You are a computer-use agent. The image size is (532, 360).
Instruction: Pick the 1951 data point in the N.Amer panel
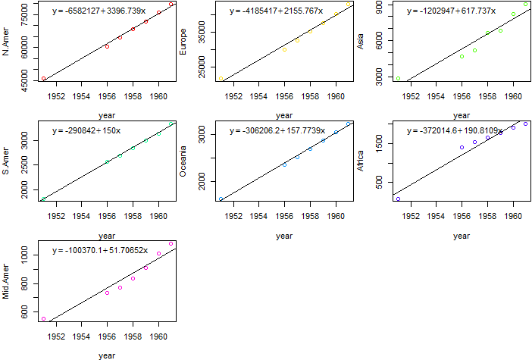click(x=43, y=79)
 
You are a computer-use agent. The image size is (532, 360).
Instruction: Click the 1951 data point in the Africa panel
click(x=398, y=199)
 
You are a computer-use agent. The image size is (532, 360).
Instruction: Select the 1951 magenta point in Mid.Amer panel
click(x=43, y=319)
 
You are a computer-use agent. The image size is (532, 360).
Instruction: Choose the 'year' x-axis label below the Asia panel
click(x=462, y=115)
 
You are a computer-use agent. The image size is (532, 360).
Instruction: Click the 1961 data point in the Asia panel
click(x=526, y=5)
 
